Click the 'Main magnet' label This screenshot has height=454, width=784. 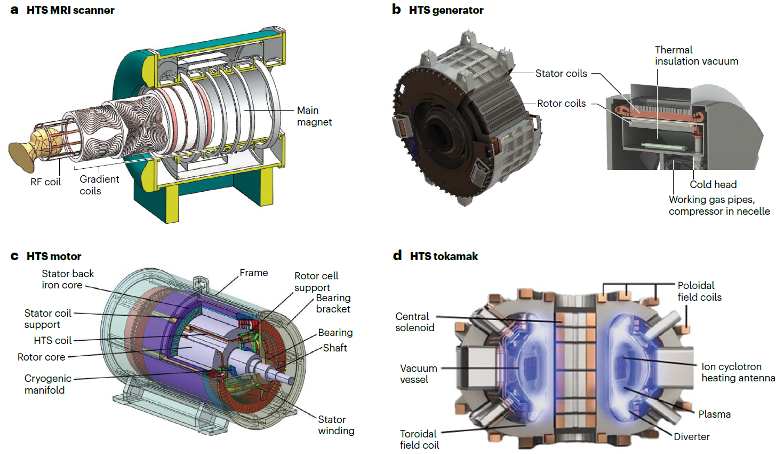(314, 116)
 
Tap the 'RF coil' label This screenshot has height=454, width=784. (46, 182)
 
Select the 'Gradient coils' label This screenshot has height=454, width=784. (99, 185)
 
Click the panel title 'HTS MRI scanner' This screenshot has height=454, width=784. (70, 10)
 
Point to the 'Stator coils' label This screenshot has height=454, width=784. (561, 74)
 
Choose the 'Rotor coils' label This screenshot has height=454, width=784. (561, 104)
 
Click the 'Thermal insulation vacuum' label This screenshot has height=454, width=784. (696, 56)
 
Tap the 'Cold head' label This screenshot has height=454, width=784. (713, 185)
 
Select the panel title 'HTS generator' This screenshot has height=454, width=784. (446, 10)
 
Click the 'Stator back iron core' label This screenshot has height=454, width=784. (67, 279)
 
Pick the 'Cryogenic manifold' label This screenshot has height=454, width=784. (47, 384)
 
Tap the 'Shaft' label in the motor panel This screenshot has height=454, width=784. (335, 348)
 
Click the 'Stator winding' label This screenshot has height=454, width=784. (336, 425)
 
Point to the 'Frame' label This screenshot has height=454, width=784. (254, 273)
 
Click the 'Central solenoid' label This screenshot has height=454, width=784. (414, 322)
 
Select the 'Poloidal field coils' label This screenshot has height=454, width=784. (699, 291)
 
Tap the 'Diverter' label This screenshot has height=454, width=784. (692, 437)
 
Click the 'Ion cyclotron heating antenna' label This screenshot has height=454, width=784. (738, 372)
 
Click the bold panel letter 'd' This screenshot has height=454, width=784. (397, 256)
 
